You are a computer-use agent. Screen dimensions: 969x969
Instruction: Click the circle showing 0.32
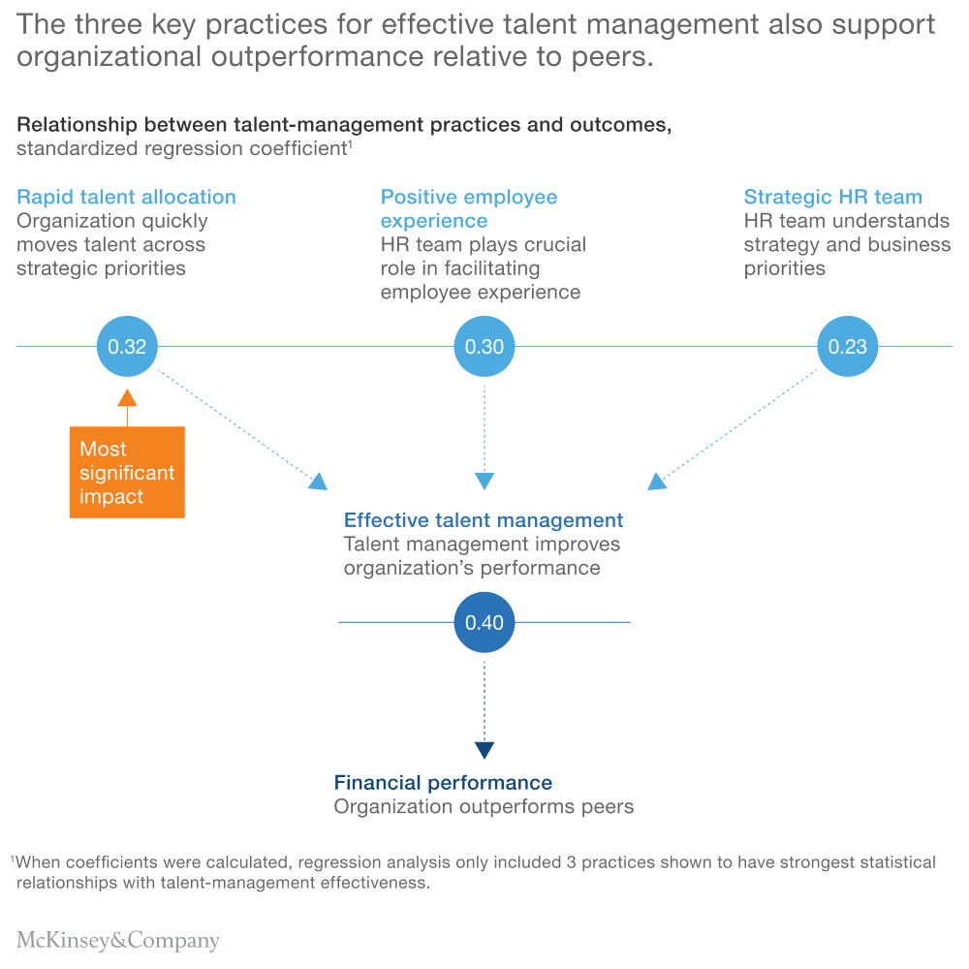click(127, 346)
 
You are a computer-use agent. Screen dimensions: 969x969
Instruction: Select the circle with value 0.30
click(484, 346)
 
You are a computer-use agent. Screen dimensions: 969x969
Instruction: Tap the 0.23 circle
click(848, 346)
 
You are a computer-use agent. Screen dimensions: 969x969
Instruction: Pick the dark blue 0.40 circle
click(484, 622)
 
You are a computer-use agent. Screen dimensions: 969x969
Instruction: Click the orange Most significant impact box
click(127, 473)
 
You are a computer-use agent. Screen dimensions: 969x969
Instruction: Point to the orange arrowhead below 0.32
click(127, 397)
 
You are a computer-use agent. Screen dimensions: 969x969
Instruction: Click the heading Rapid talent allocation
click(126, 197)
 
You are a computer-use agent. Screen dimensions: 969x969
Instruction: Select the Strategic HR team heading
click(832, 197)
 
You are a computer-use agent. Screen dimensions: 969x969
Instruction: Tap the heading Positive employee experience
click(469, 208)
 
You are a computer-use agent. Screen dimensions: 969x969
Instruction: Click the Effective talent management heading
click(484, 520)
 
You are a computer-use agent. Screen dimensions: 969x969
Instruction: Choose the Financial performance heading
click(443, 783)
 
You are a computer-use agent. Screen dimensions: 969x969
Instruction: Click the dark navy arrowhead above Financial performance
click(484, 750)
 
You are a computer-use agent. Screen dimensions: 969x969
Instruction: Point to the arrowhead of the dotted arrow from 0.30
click(484, 481)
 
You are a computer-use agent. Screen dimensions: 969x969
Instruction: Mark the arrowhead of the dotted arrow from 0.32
click(318, 481)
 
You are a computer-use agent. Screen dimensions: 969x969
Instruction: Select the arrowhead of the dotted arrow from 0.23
click(657, 481)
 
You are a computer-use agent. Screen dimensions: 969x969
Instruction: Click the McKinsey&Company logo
click(118, 940)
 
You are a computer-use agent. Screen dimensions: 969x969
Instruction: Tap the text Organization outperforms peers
click(484, 806)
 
